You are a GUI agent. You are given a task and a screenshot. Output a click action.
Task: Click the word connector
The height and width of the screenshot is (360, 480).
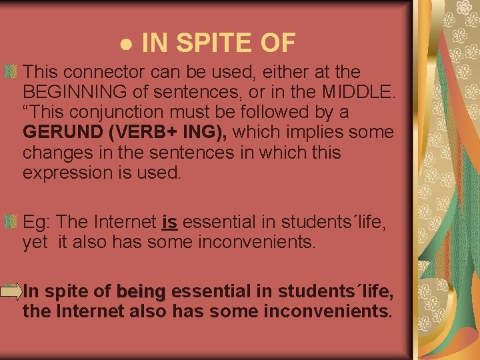pos(101,71)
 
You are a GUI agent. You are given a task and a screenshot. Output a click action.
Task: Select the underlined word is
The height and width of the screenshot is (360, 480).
pos(169,221)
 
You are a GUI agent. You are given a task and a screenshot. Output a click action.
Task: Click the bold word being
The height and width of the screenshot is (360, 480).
pos(141,291)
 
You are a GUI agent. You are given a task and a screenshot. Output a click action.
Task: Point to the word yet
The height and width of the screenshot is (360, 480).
pos(35,241)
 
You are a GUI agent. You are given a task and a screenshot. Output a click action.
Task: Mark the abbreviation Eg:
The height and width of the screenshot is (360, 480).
pos(37,221)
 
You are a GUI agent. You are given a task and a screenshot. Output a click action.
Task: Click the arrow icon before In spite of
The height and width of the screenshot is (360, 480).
pos(11,291)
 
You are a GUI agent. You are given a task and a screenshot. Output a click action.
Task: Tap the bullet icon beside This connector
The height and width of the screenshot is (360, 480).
pos(11,71)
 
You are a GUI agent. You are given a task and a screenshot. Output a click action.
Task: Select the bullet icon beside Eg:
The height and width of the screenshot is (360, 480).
pos(11,221)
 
